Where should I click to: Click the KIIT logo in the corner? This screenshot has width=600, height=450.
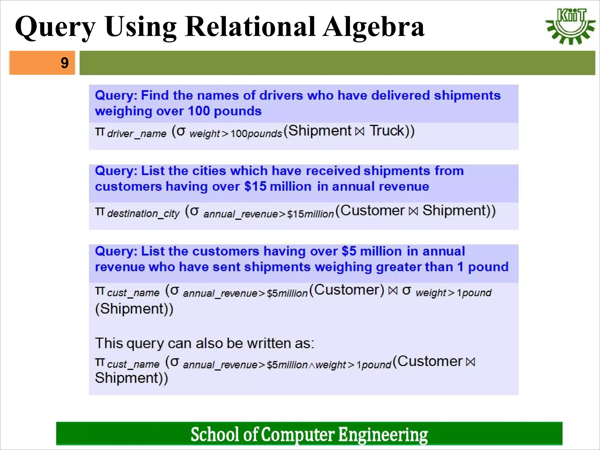click(x=570, y=26)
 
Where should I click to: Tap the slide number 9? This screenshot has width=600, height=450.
click(x=64, y=63)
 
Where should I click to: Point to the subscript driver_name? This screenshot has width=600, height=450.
click(x=137, y=134)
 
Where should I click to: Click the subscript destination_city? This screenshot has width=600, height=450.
click(x=143, y=214)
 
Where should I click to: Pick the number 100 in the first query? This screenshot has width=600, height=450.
click(x=199, y=111)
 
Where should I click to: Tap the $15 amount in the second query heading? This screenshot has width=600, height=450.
click(x=255, y=187)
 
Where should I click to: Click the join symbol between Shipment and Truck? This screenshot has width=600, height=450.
click(x=360, y=132)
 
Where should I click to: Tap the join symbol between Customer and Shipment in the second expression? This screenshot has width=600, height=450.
click(x=413, y=211)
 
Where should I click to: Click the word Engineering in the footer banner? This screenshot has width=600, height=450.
click(x=383, y=434)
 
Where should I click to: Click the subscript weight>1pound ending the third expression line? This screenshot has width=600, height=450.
click(x=453, y=293)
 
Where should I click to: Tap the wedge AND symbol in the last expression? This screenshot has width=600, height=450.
click(x=311, y=365)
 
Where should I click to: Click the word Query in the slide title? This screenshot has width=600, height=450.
click(x=55, y=27)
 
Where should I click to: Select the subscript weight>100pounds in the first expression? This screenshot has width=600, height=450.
click(x=236, y=134)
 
